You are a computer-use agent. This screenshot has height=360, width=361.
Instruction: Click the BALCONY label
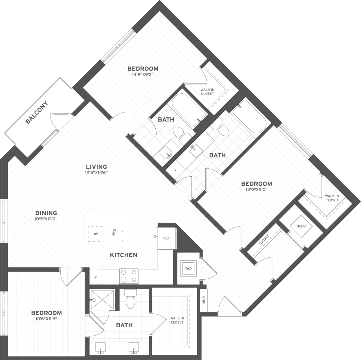click(37, 112)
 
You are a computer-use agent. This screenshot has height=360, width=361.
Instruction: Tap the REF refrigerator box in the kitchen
click(166, 238)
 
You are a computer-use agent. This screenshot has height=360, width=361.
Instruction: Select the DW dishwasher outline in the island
click(95, 234)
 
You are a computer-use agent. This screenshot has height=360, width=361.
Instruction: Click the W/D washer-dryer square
click(188, 268)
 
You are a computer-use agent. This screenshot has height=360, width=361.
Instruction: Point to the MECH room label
click(301, 226)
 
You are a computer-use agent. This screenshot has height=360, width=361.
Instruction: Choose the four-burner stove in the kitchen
click(129, 276)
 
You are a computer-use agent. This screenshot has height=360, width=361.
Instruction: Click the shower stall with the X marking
click(102, 300)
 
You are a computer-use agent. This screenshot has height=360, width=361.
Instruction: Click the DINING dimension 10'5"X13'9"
click(46, 219)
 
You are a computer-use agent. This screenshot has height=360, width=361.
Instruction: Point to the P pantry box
click(96, 277)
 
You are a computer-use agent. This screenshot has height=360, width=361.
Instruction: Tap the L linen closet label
click(175, 170)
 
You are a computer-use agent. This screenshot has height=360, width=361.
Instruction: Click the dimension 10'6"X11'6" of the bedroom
click(46, 319)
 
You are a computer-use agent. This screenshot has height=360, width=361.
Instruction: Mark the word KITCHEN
click(124, 255)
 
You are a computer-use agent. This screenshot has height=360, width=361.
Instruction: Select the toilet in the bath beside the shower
click(130, 300)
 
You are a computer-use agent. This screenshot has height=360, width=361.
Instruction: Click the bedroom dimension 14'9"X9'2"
click(143, 75)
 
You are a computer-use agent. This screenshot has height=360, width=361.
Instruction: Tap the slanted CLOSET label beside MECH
click(264, 240)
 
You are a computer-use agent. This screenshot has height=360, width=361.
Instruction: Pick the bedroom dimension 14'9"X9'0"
click(256, 190)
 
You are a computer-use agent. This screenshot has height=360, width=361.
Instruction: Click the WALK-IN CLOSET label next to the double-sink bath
click(177, 320)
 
